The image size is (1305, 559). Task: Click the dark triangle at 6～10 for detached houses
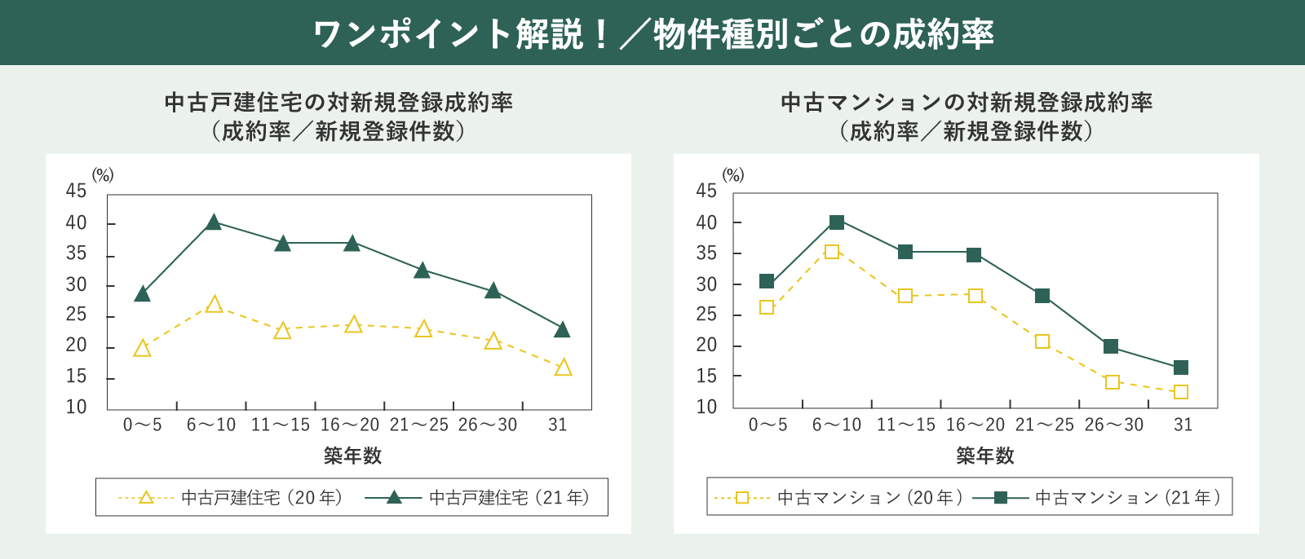(214, 222)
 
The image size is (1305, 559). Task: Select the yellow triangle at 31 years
(563, 368)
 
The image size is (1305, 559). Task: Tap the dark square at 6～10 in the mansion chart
(836, 222)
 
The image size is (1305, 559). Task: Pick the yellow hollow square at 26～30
(1112, 382)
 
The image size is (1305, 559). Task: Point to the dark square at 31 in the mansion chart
(1180, 368)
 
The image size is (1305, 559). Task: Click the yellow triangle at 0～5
(142, 350)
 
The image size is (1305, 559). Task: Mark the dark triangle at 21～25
(422, 271)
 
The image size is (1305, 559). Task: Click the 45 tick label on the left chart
(76, 191)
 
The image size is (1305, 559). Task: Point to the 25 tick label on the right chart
(706, 315)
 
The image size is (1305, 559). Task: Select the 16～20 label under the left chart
(350, 425)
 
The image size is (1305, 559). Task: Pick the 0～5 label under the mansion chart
(768, 425)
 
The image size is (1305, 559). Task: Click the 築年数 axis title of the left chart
(352, 456)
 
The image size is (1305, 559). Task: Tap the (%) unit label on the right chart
(733, 175)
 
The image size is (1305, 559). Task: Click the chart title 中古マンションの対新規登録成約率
(967, 103)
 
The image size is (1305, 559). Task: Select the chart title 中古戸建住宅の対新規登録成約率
(338, 103)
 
